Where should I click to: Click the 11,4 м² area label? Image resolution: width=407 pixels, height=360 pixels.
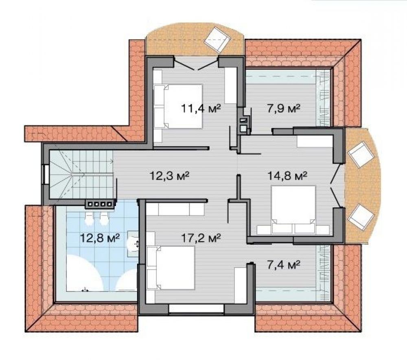201,108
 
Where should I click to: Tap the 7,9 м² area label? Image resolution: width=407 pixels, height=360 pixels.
284,108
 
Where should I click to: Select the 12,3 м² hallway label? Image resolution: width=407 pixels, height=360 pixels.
169,176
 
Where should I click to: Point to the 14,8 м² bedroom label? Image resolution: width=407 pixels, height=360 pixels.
287,176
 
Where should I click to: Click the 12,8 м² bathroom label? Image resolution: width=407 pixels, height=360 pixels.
100,237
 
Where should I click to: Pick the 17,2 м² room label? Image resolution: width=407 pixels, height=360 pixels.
201,237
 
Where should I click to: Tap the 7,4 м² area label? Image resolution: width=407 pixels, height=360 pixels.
284,265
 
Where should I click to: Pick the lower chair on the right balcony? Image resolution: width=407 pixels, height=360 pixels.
362,217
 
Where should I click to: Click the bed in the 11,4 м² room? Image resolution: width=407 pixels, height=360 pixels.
178,107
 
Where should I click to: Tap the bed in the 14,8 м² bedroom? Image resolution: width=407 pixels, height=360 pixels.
293,209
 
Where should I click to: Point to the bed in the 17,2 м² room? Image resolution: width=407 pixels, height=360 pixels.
171,268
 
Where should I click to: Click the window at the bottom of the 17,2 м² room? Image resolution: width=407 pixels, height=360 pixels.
196,309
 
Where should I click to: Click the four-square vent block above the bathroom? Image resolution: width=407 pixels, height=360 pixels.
100,204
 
